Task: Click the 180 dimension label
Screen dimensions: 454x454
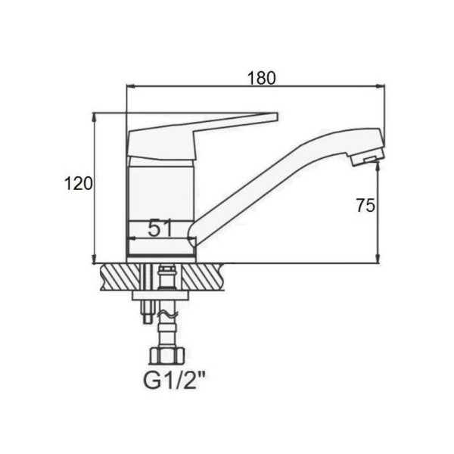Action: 262,78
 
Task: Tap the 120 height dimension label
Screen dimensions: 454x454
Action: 79,184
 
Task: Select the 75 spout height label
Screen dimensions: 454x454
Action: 365,205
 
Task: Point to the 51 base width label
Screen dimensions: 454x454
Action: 160,228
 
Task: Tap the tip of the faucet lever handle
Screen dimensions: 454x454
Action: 277,117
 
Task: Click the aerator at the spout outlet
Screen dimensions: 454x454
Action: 367,158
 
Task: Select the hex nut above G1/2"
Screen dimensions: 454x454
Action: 166,356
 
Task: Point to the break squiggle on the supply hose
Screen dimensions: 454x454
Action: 166,315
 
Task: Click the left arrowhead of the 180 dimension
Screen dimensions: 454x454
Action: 129,86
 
